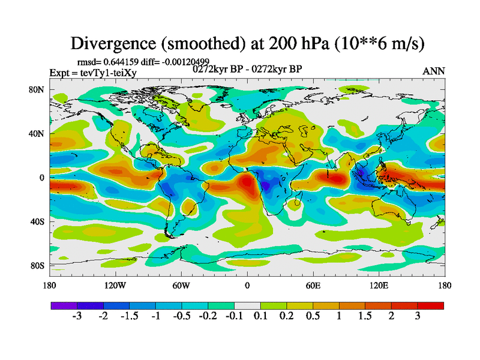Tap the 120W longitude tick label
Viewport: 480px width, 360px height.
115,285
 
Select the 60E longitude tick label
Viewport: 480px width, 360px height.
313,285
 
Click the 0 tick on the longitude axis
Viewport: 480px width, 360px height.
247,285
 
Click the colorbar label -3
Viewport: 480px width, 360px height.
77,316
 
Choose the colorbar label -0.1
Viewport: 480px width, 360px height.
235,316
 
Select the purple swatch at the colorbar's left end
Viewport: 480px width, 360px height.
64,305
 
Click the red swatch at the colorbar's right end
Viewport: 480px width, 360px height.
430,305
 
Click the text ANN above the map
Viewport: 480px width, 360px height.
434,71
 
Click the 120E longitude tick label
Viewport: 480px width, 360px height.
379,285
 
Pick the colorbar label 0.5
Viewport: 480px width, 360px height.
313,316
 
